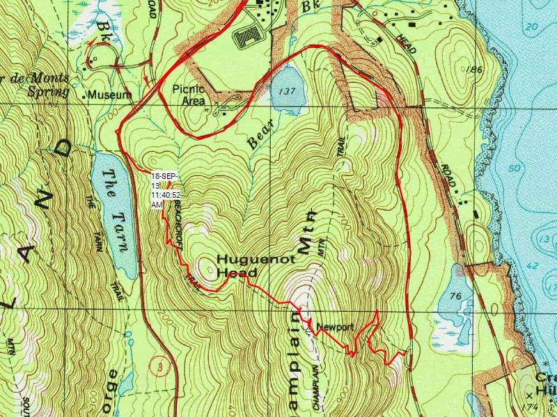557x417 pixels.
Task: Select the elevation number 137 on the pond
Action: click(285, 91)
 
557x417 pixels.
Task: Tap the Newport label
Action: click(335, 327)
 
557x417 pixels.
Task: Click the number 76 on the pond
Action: click(456, 297)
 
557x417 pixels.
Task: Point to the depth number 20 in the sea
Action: click(533, 26)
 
